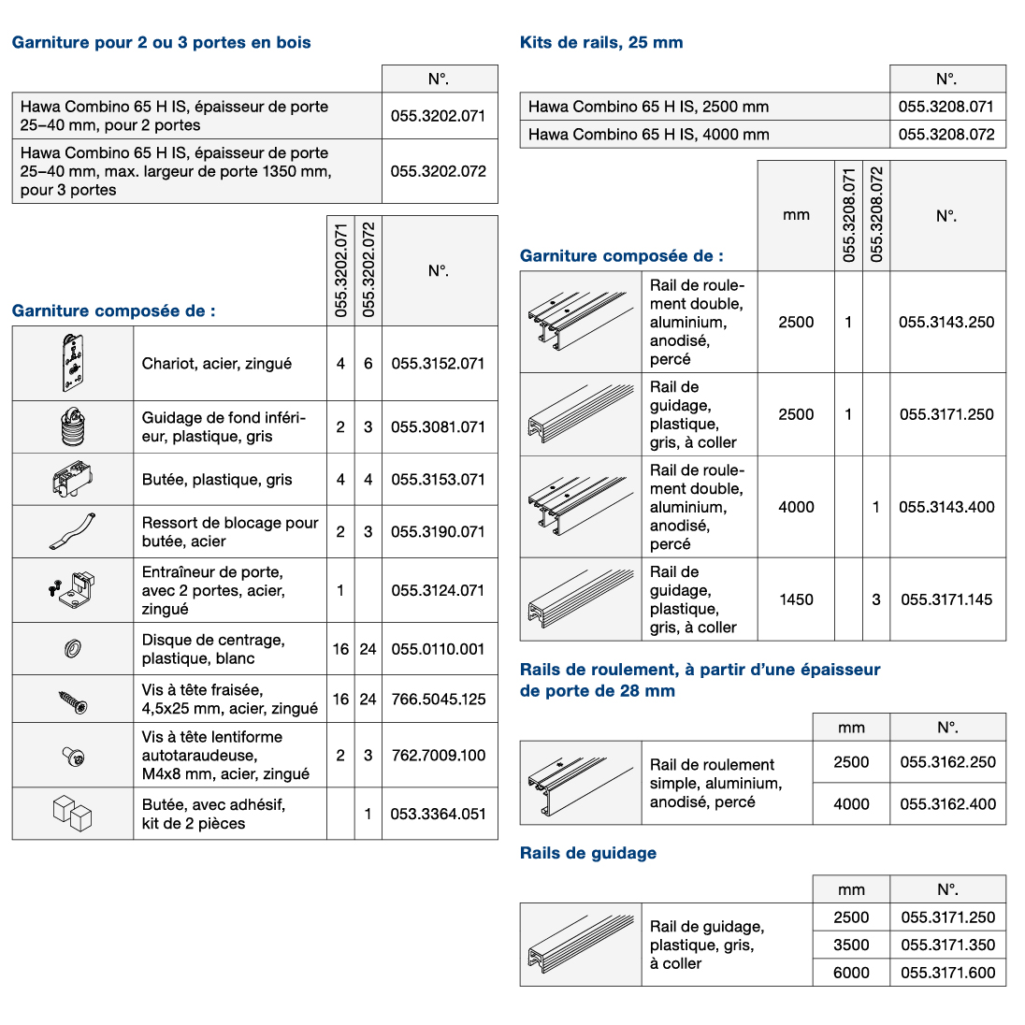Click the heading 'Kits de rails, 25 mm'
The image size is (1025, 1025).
pos(600,42)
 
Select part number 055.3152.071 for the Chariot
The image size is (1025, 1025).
pos(438,363)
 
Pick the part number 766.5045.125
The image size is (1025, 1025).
pos(438,699)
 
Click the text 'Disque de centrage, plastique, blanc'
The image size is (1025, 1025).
pos(213,649)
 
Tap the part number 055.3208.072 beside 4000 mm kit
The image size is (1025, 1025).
pos(946,134)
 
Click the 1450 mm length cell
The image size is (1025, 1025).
pos(796,599)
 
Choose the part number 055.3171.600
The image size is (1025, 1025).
pos(947,973)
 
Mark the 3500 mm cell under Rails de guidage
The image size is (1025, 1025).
pos(851,945)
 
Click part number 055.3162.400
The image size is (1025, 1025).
pos(947,803)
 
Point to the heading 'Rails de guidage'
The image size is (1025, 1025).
pos(587,853)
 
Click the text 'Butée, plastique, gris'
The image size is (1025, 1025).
pos(217,480)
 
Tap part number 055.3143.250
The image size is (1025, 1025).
pos(946,322)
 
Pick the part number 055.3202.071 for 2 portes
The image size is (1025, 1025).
pos(438,116)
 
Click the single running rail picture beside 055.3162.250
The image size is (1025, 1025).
pos(580,783)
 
